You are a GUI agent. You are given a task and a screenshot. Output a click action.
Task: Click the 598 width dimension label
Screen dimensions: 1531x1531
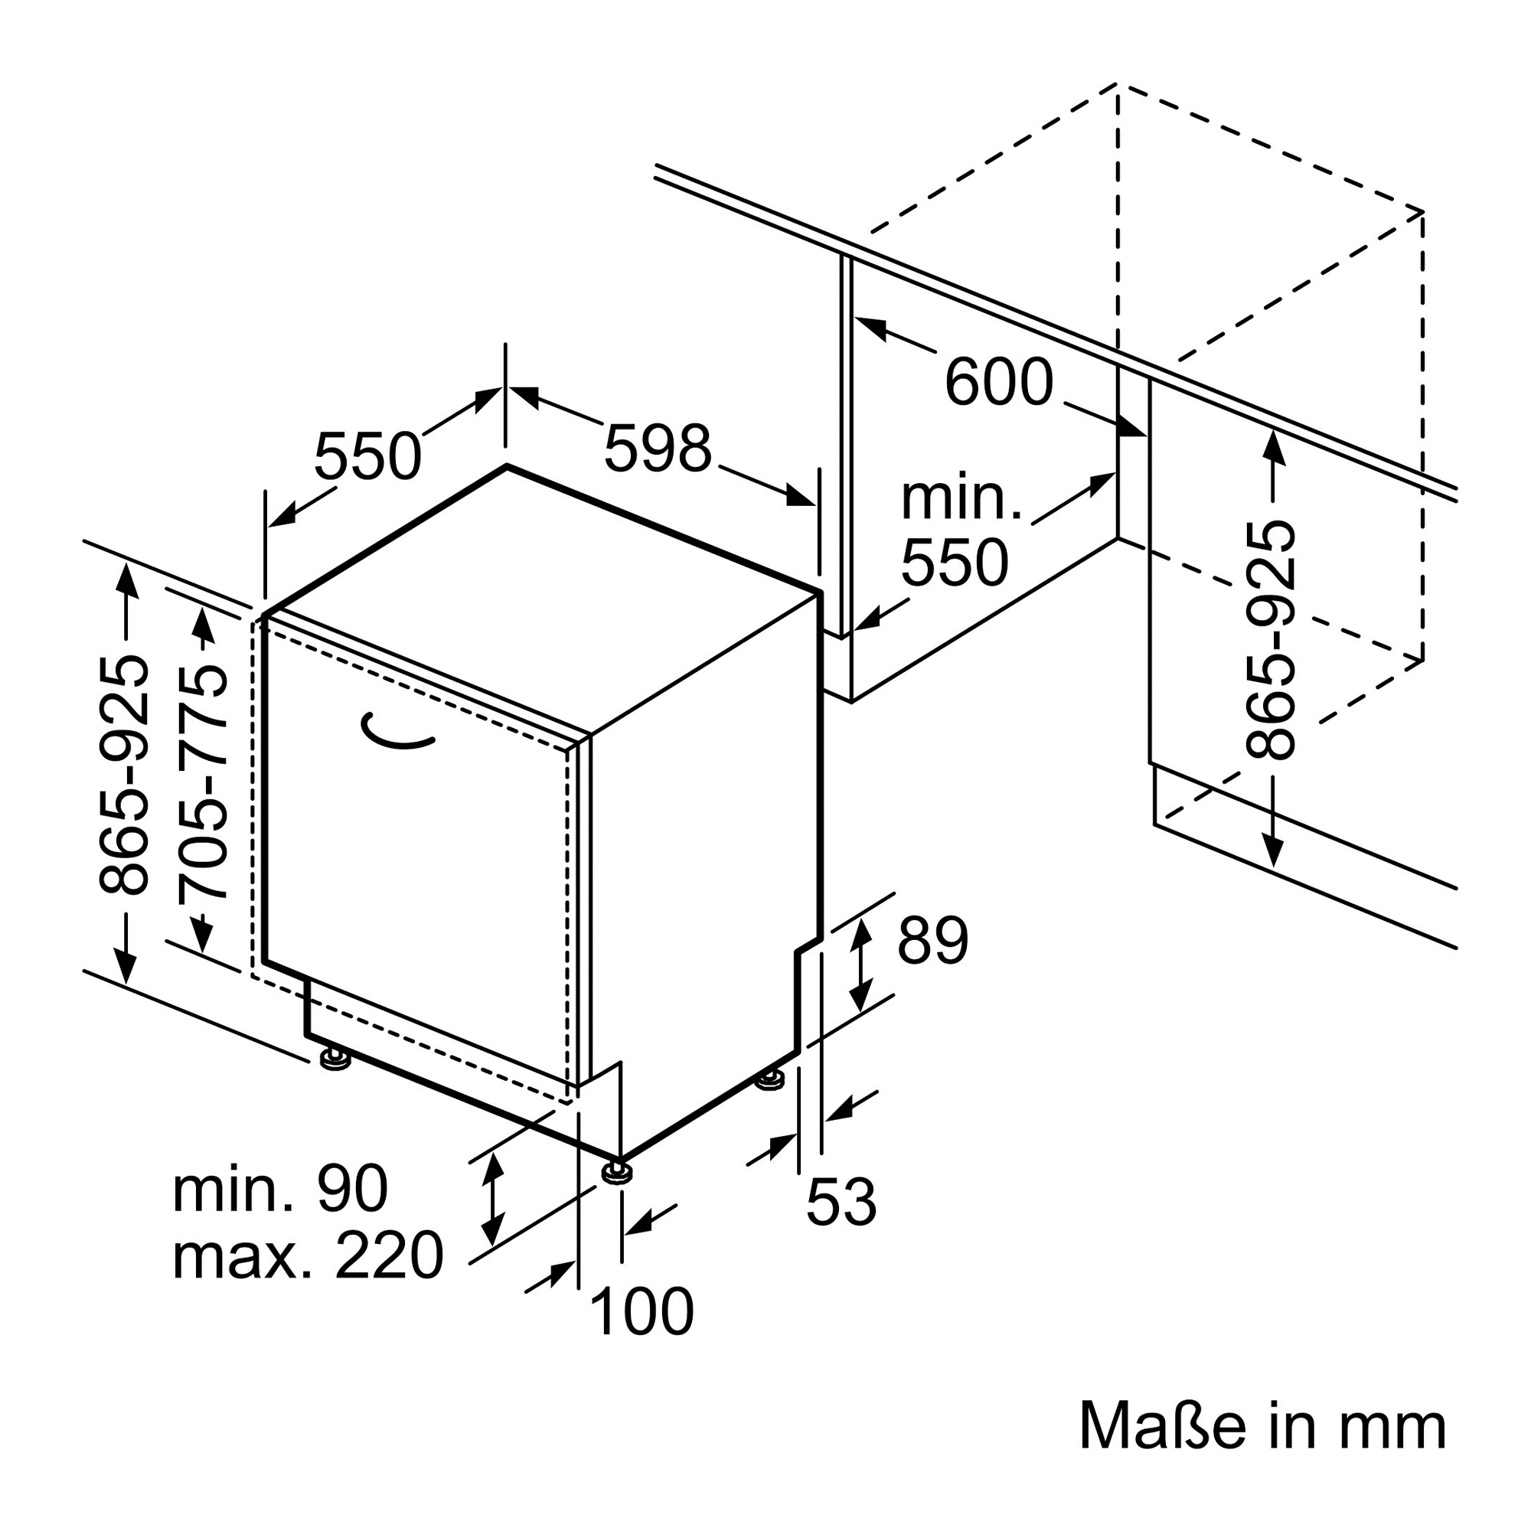[658, 449]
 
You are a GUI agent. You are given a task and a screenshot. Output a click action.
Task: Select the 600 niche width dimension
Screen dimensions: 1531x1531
[999, 383]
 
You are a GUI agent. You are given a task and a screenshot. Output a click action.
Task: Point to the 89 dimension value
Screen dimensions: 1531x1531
[932, 942]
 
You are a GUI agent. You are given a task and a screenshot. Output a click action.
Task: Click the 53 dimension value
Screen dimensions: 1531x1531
[841, 1202]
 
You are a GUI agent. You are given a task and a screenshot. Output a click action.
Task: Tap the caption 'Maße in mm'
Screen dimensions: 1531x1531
[1263, 1427]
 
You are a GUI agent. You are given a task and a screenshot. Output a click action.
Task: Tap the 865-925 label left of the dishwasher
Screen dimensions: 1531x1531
[123, 774]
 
